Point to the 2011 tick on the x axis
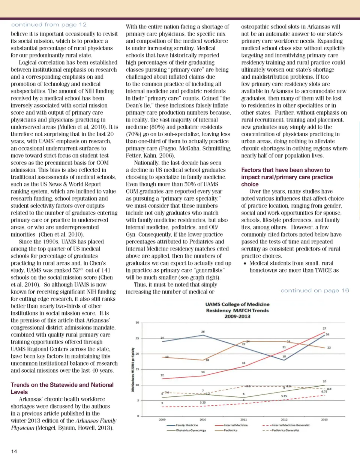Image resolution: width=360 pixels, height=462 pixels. pyautogui.click(x=243, y=420)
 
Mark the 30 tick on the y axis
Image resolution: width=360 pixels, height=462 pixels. pyautogui.click(x=138, y=322)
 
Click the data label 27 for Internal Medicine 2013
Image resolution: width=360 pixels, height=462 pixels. pyautogui.click(x=324, y=328)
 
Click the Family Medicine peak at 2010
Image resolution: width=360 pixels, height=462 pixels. pyautogui.click(x=203, y=335)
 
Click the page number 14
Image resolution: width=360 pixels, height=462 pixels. pyautogui.click(x=14, y=451)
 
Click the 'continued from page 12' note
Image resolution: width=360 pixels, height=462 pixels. pyautogui.click(x=49, y=25)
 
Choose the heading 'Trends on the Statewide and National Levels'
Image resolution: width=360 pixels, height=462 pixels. pyautogui.click(x=62, y=388)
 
